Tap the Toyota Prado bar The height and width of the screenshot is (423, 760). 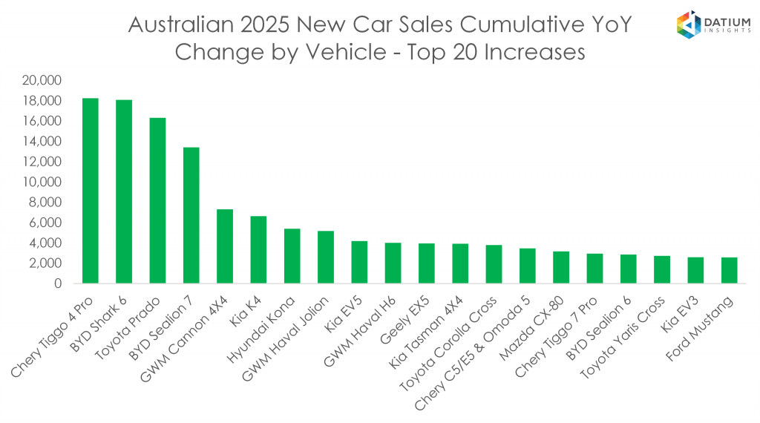pyautogui.click(x=157, y=200)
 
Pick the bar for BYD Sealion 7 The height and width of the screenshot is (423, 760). pyautogui.click(x=191, y=215)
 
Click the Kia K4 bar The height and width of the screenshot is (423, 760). pyautogui.click(x=258, y=249)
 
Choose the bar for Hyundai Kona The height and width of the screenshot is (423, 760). pyautogui.click(x=292, y=256)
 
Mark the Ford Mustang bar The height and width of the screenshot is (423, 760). pyautogui.click(x=729, y=270)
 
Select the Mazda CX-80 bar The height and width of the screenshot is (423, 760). pyautogui.click(x=561, y=267)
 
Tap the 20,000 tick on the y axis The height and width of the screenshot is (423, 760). pyautogui.click(x=46, y=80)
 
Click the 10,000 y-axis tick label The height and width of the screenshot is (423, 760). pyautogui.click(x=46, y=182)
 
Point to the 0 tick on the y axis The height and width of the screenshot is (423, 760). pyautogui.click(x=58, y=283)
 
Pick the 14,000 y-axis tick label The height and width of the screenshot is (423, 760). pyautogui.click(x=46, y=141)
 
